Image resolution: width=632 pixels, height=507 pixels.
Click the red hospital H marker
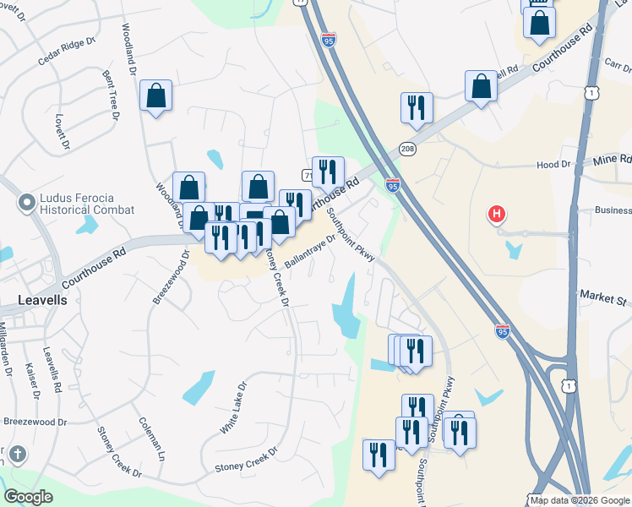pyautogui.click(x=498, y=215)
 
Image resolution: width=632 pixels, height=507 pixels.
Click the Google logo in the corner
pyautogui.click(x=28, y=497)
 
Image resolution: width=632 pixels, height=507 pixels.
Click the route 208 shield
pyautogui.click(x=407, y=148)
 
